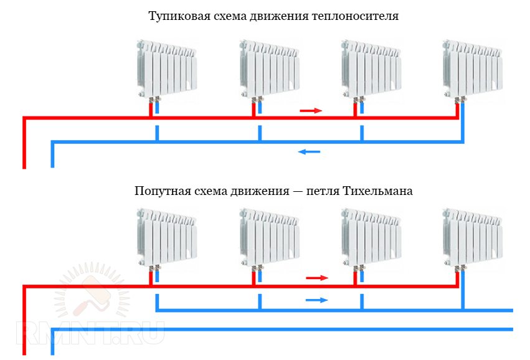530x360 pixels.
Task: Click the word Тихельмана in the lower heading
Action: tap(377, 191)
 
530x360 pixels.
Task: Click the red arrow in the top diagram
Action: tap(311, 110)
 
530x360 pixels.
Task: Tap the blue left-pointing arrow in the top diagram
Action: tap(309, 152)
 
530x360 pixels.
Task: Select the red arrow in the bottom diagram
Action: tap(317, 278)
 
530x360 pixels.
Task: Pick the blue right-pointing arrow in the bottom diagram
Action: tap(317, 300)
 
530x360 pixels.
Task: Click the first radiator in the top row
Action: tap(167, 70)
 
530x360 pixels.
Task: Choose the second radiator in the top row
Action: tap(270, 70)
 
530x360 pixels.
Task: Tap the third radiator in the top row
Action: tap(371, 70)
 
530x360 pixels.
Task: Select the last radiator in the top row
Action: tap(473, 70)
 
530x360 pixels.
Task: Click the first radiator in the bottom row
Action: tap(167, 239)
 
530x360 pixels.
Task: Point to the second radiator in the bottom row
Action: tap(270, 239)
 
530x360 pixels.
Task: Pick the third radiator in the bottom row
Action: tap(371, 239)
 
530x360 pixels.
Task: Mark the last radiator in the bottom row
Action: tap(473, 239)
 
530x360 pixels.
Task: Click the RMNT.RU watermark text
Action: tap(90, 333)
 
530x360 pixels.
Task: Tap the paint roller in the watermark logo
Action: tap(93, 295)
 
